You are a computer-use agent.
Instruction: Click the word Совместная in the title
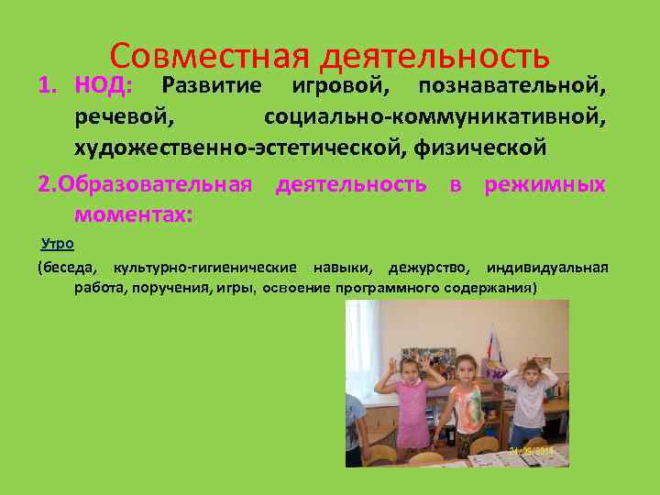213,57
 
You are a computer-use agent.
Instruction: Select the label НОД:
104,86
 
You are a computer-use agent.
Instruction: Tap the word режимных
544,184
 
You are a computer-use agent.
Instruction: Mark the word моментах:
133,214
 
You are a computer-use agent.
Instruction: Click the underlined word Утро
58,244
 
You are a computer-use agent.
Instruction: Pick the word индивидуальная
547,269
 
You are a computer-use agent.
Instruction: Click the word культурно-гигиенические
204,269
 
